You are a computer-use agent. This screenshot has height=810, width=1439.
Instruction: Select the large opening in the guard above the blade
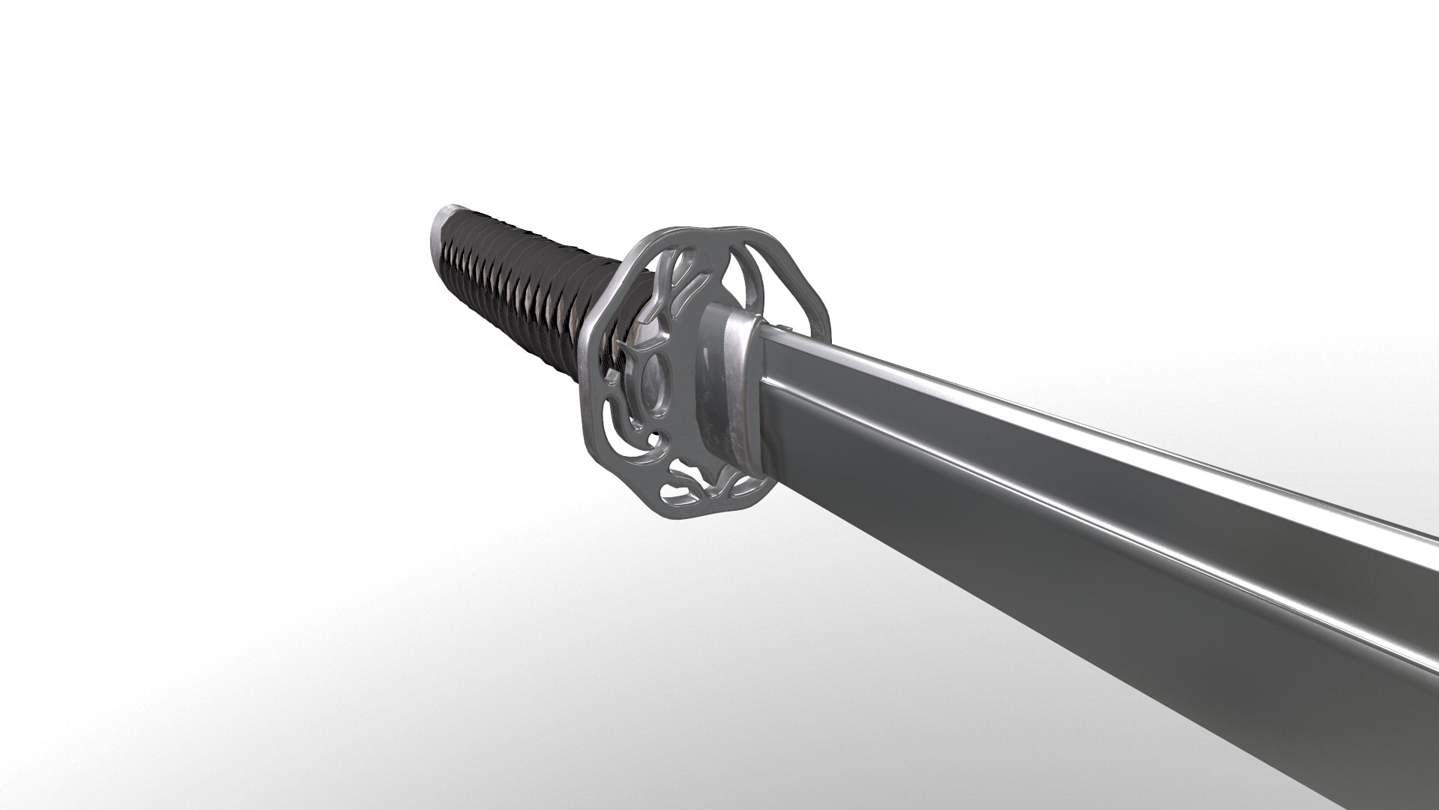[x=779, y=277]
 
